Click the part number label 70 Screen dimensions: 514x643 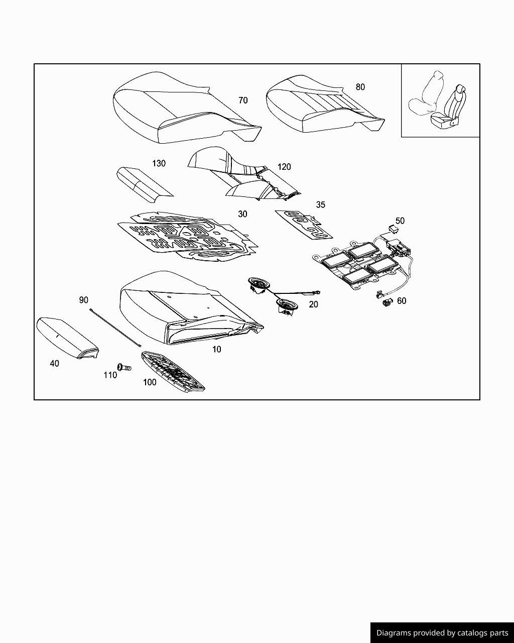243,100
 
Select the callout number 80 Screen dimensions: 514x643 360,87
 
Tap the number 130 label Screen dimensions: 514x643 159,163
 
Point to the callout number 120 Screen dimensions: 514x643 284,167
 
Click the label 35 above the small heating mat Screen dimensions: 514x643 320,204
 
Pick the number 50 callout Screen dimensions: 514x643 400,221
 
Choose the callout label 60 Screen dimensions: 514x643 402,301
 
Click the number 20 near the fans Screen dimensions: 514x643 313,304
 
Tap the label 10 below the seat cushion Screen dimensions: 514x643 216,349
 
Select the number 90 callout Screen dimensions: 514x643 84,300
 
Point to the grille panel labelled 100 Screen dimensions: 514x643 173,371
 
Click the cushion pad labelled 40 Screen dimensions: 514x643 67,338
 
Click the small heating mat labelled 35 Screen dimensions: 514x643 304,225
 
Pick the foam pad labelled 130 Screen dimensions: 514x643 145,185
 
